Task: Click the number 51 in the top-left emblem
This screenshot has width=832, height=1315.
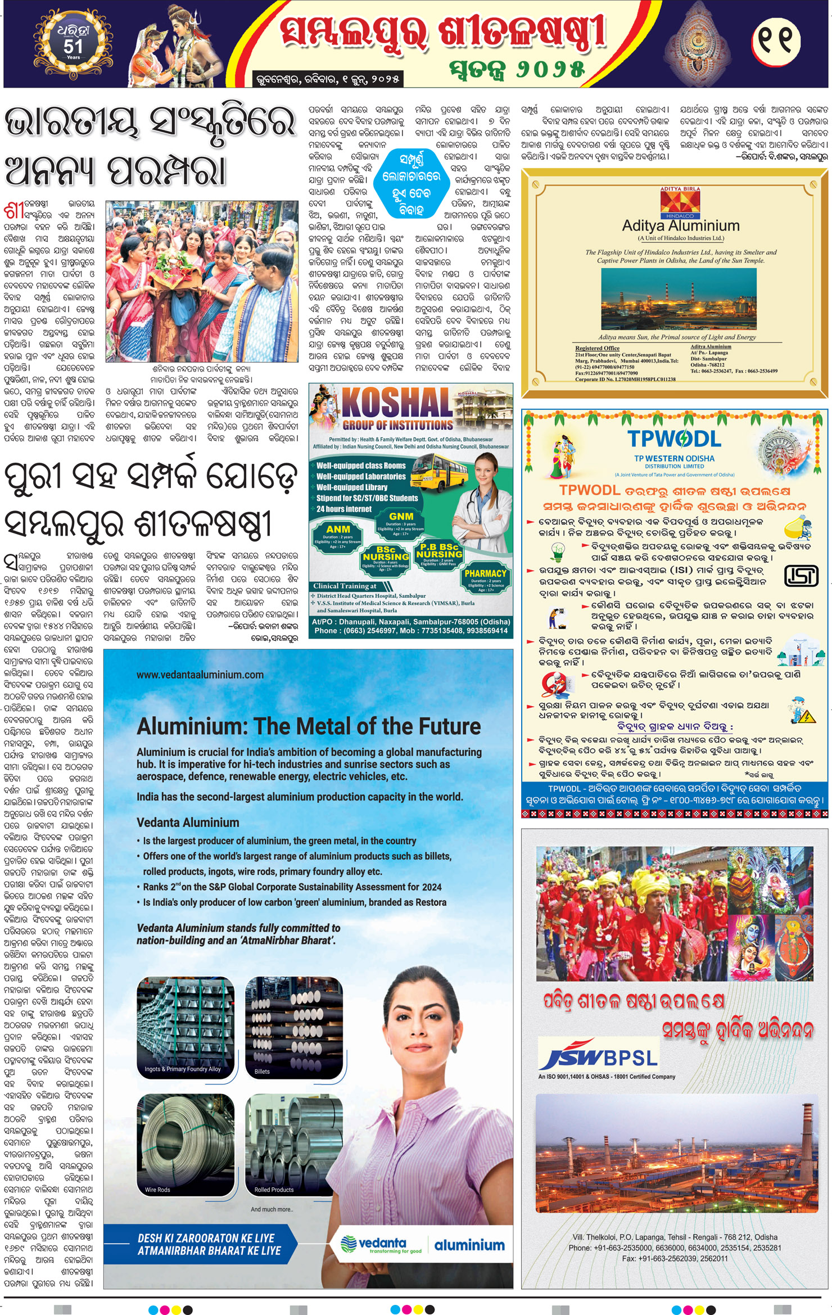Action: (73, 46)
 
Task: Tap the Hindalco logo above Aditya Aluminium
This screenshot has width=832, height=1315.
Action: (681, 203)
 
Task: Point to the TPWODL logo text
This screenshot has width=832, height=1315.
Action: (674, 439)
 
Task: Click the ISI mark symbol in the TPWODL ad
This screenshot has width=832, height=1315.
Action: (801, 575)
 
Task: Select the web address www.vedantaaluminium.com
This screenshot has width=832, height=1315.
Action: (200, 675)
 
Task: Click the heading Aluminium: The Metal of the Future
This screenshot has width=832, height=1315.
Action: (309, 726)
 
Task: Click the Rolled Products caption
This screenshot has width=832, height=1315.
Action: (274, 1190)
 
